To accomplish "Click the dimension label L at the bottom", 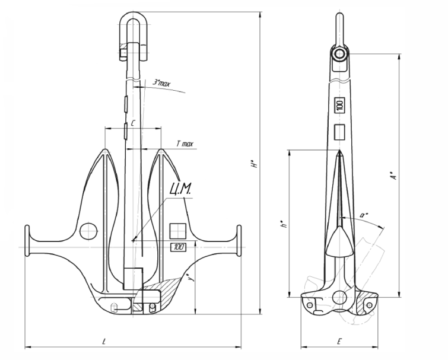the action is tap(104, 341).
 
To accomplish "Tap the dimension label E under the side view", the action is tap(339, 341).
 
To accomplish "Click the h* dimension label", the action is tap(284, 224).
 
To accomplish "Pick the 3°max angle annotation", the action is tap(162, 83).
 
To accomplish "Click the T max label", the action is tap(185, 144).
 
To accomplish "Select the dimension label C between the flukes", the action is tap(133, 123).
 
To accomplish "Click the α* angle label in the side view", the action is tap(364, 215).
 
